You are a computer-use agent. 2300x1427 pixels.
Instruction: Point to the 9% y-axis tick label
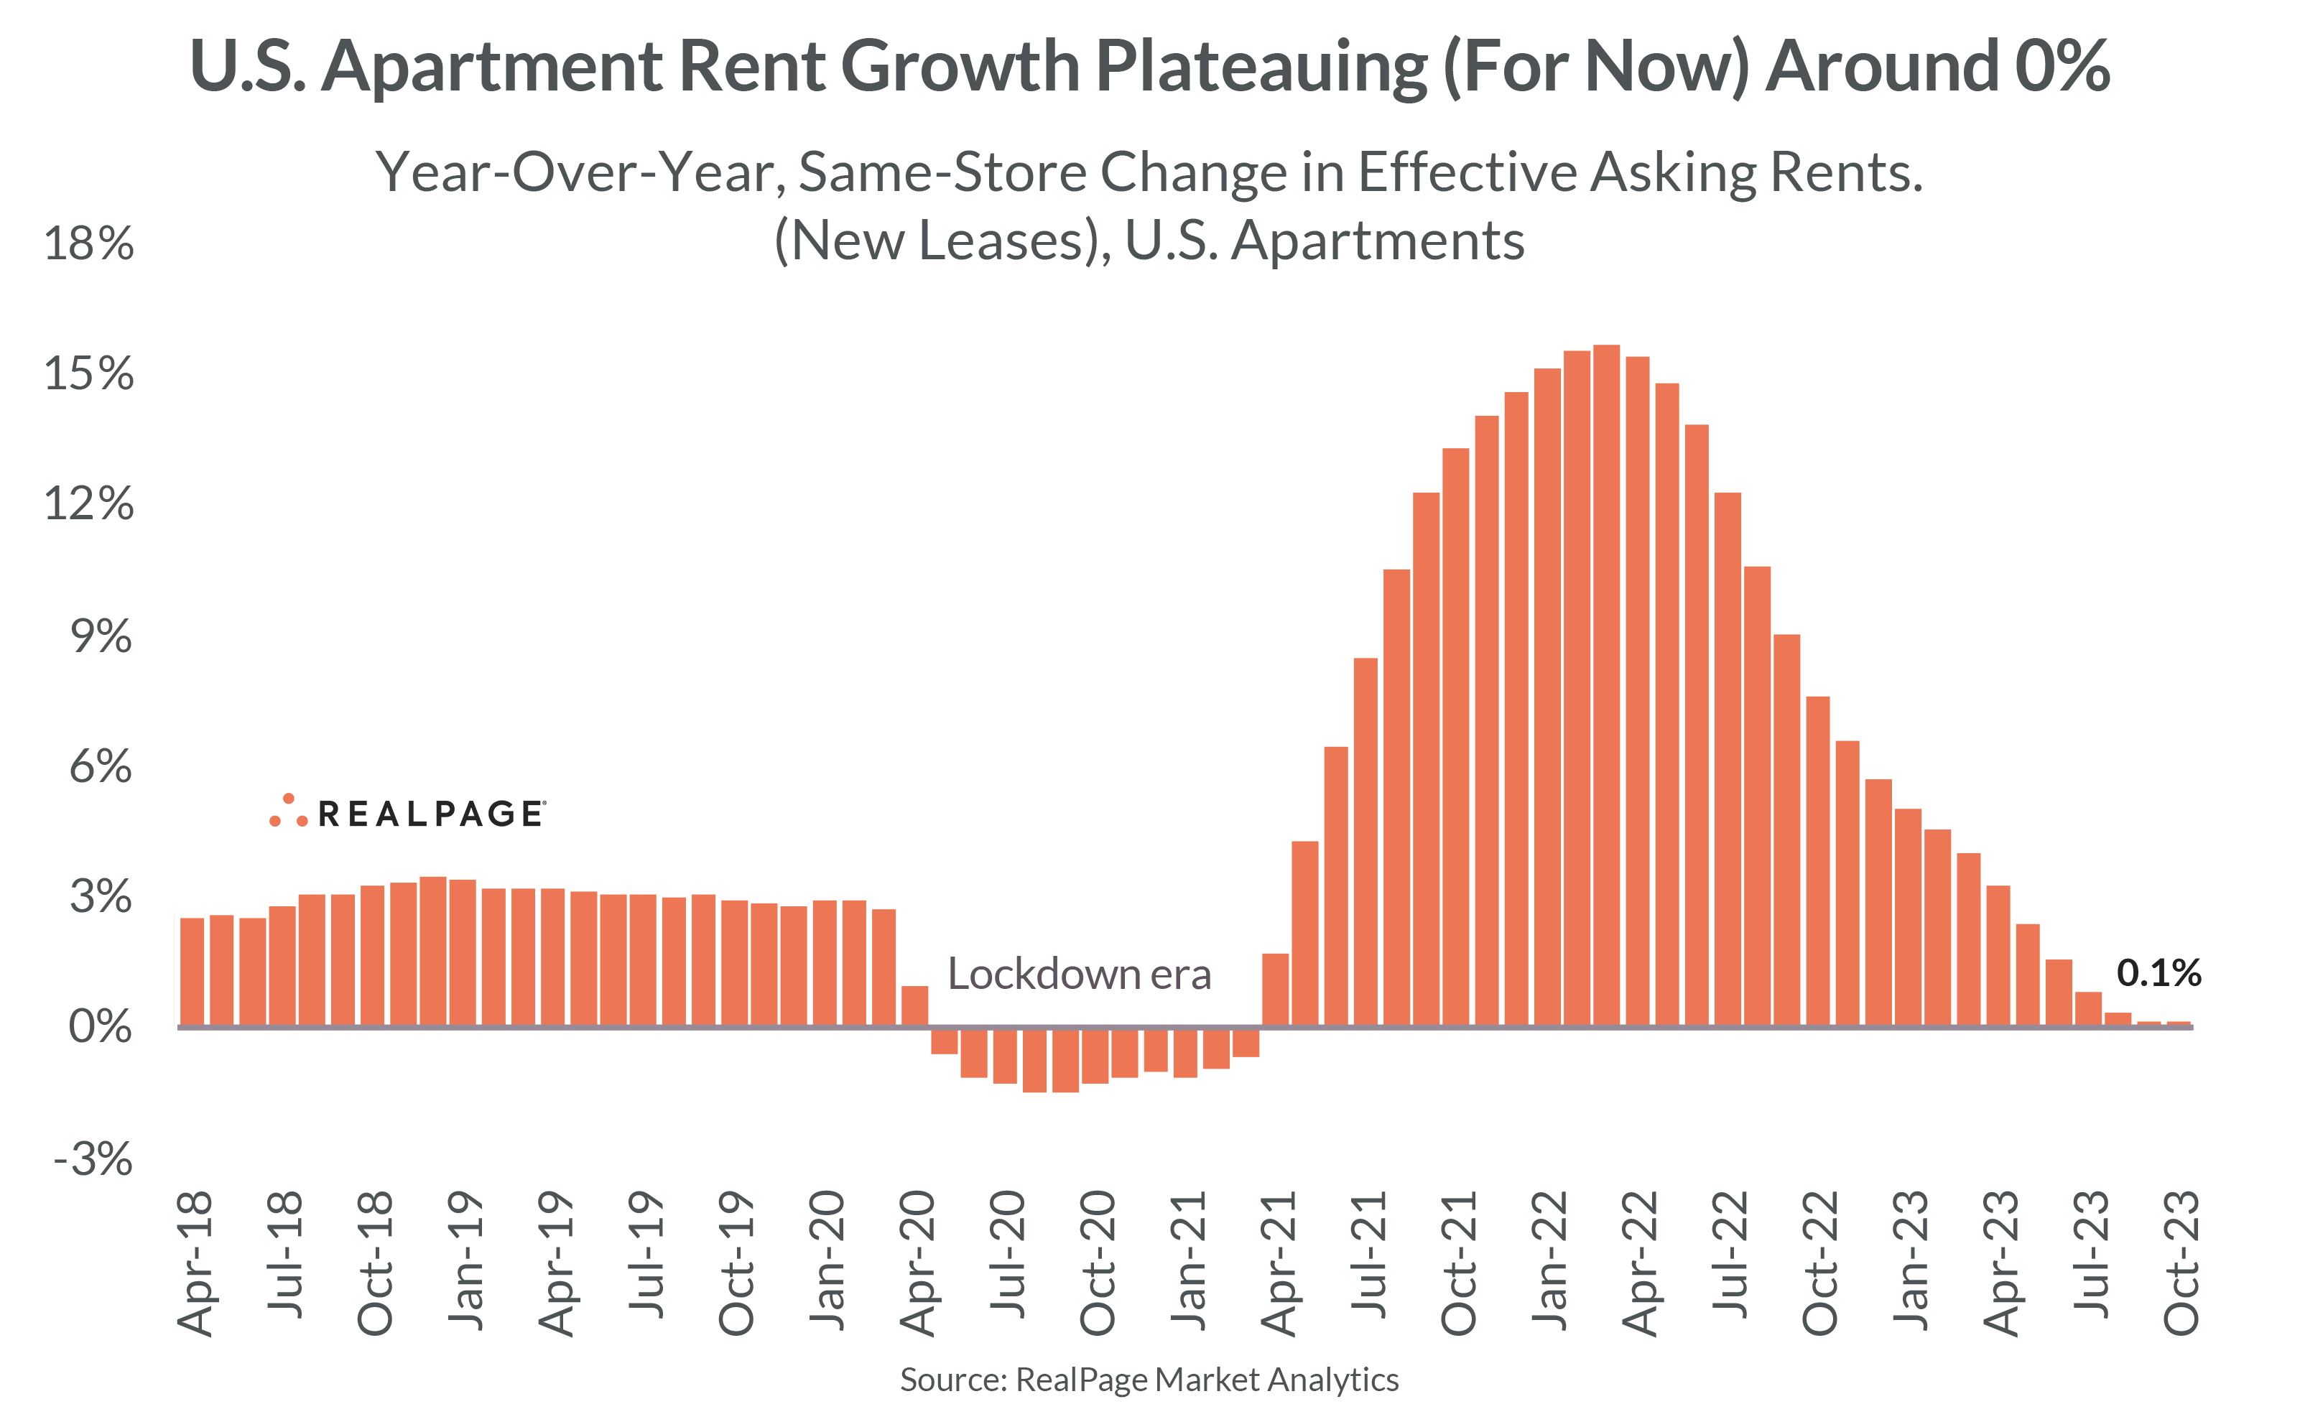coord(100,636)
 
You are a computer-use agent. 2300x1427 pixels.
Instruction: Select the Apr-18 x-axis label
coord(195,1264)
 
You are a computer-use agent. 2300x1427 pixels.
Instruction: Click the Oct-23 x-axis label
coord(2181,1264)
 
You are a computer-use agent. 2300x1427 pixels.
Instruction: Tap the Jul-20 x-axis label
coord(1007,1255)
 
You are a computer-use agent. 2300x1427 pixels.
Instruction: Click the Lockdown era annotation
coord(1079,974)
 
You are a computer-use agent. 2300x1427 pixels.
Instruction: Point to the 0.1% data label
coord(2158,973)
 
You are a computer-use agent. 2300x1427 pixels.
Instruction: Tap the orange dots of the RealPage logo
coord(288,812)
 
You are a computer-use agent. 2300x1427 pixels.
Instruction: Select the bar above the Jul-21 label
coord(1365,841)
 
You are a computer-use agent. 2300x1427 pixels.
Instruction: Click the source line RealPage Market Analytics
coord(1149,1380)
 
